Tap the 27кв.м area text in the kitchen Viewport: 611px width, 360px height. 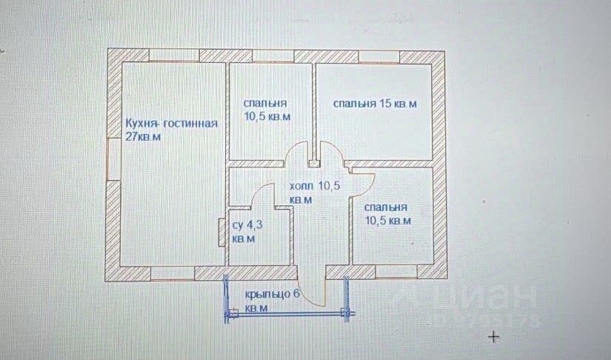(144, 137)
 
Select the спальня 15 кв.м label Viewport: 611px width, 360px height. (375, 104)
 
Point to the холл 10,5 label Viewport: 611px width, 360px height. (314, 187)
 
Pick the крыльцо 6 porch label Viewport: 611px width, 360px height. (272, 295)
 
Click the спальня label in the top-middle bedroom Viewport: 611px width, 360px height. (265, 104)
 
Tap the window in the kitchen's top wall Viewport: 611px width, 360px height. (174, 55)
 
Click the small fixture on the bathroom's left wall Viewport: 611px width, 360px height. (221, 233)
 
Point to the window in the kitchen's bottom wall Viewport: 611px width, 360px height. (172, 273)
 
